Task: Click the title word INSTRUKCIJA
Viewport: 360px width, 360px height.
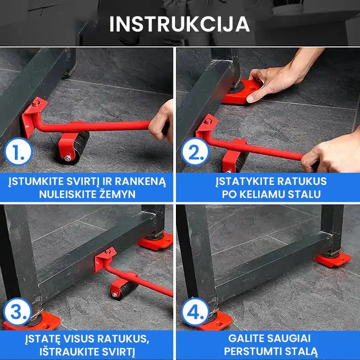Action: (x=180, y=24)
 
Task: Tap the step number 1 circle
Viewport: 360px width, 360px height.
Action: (x=18, y=154)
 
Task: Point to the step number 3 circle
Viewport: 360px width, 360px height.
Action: (x=18, y=311)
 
